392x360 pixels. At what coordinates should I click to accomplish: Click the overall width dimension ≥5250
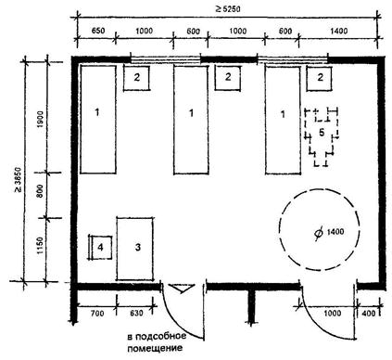[228, 8]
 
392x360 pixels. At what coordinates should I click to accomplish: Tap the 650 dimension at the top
[98, 31]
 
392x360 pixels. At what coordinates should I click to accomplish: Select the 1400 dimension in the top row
[338, 31]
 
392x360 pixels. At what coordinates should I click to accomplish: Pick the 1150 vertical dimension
[41, 246]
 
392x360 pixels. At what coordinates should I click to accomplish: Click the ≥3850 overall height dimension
[18, 179]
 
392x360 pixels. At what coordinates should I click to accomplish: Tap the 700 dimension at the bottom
[97, 314]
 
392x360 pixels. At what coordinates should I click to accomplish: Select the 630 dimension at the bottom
[136, 314]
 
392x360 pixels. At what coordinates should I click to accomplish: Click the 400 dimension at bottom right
[368, 314]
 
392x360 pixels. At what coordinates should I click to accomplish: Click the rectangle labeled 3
[135, 249]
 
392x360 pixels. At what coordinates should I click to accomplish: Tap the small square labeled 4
[100, 247]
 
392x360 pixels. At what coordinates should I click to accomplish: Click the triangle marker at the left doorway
[182, 288]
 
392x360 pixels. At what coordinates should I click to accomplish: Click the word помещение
[155, 349]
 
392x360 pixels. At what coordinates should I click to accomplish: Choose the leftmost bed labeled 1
[98, 119]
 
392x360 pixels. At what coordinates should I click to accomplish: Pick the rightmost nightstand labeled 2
[320, 79]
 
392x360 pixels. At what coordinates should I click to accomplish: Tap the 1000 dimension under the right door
[332, 314]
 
